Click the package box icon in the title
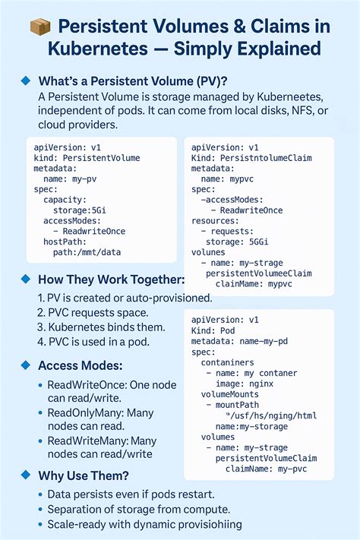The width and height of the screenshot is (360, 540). coord(39,28)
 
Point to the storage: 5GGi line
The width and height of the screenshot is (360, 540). coord(244,242)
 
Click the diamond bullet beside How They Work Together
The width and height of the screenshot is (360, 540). coord(24,279)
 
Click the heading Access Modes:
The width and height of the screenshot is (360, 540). coord(81,365)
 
